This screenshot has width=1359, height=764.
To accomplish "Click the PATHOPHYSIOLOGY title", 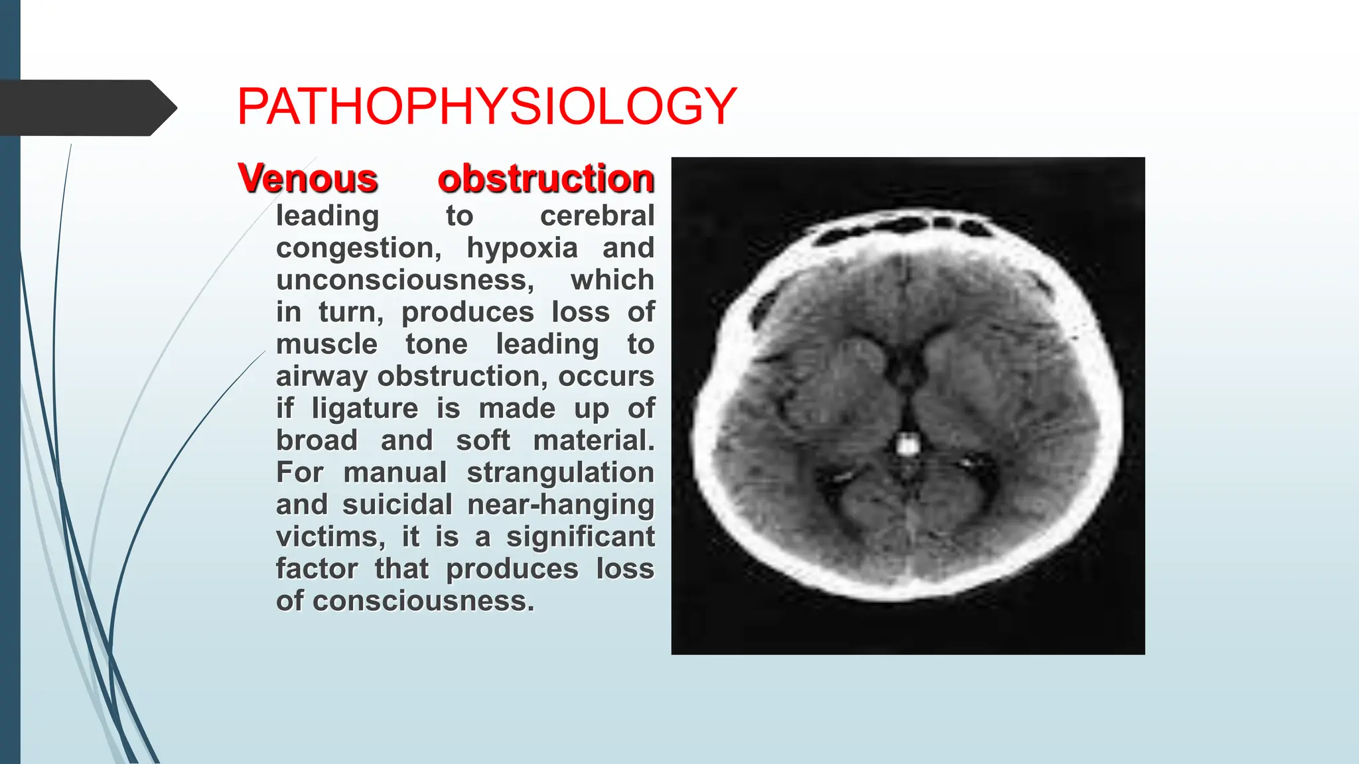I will [486, 106].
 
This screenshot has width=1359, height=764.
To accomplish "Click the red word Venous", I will [308, 178].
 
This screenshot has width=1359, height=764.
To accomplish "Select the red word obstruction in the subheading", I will [545, 178].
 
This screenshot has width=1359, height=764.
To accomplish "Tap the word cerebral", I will [597, 216].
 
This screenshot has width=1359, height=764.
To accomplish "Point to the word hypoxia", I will [522, 248].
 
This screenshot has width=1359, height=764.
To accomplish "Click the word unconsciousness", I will [405, 280].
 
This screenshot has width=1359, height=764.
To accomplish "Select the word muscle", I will [326, 344].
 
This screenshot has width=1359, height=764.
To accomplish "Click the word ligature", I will [365, 409].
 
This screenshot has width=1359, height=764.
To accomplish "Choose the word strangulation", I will [560, 472].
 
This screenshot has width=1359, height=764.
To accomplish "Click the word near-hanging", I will [561, 505].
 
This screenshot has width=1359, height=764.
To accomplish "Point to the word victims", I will [330, 537].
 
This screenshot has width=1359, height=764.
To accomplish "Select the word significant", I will [580, 537].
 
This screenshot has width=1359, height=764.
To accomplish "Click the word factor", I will [317, 569].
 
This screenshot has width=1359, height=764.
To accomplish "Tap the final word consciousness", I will [423, 601].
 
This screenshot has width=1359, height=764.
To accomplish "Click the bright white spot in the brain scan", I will [907, 444].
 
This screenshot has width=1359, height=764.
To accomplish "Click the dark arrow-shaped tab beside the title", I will [86, 108].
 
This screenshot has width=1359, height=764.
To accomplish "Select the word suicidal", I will [397, 505].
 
